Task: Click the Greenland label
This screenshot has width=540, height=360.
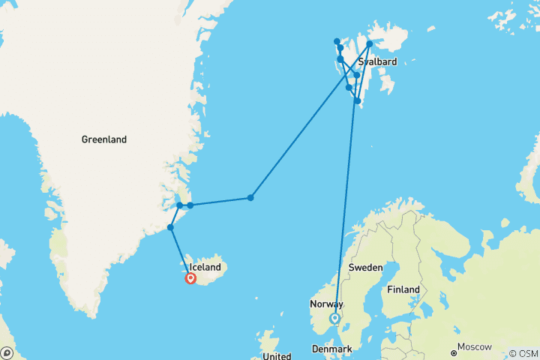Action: (x=104, y=139)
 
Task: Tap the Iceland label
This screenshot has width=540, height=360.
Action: (x=205, y=267)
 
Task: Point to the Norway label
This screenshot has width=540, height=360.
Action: (x=326, y=304)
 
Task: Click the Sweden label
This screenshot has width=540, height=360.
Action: (x=364, y=268)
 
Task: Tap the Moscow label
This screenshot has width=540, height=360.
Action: (x=475, y=347)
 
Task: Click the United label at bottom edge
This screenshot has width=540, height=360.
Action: (x=277, y=356)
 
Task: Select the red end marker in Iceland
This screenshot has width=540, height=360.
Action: (x=190, y=278)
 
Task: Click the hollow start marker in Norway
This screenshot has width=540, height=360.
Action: (x=335, y=318)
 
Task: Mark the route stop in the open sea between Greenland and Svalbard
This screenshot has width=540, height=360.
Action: (x=250, y=198)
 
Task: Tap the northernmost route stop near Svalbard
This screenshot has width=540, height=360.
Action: (x=337, y=41)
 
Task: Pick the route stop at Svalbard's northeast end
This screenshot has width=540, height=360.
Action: (x=370, y=43)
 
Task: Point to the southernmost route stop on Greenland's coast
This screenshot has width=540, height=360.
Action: (x=171, y=227)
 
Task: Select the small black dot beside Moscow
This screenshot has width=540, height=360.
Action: (x=454, y=352)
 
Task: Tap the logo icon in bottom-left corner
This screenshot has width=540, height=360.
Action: (x=7, y=352)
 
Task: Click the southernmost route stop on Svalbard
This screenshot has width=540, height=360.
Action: (x=358, y=100)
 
